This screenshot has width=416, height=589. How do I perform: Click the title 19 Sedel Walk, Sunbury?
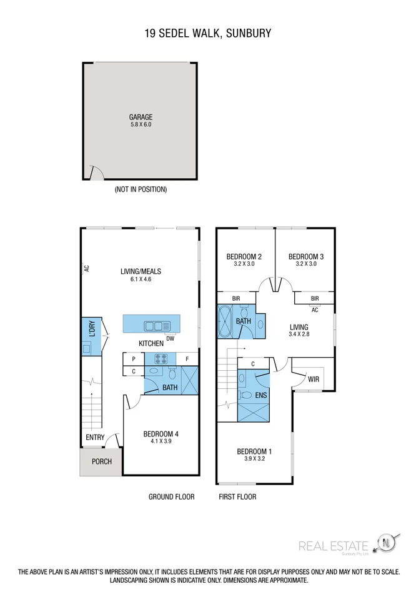[208, 33]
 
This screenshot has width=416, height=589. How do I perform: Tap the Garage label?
[141, 117]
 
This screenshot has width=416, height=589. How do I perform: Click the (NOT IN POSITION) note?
[141, 189]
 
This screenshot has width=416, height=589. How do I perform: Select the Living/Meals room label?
[141, 271]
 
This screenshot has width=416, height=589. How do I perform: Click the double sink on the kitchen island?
[153, 325]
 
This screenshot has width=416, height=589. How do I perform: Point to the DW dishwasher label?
[170, 338]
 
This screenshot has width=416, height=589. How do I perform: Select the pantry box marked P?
[134, 359]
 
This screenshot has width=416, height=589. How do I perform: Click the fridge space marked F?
[187, 359]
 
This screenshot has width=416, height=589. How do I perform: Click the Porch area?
[101, 462]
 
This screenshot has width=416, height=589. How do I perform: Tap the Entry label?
[95, 438]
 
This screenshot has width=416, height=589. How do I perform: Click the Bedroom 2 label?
[244, 256]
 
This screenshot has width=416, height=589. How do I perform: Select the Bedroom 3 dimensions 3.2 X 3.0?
[305, 264]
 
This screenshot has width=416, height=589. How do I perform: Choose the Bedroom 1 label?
[254, 451]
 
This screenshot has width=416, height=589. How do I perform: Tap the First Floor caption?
[237, 497]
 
